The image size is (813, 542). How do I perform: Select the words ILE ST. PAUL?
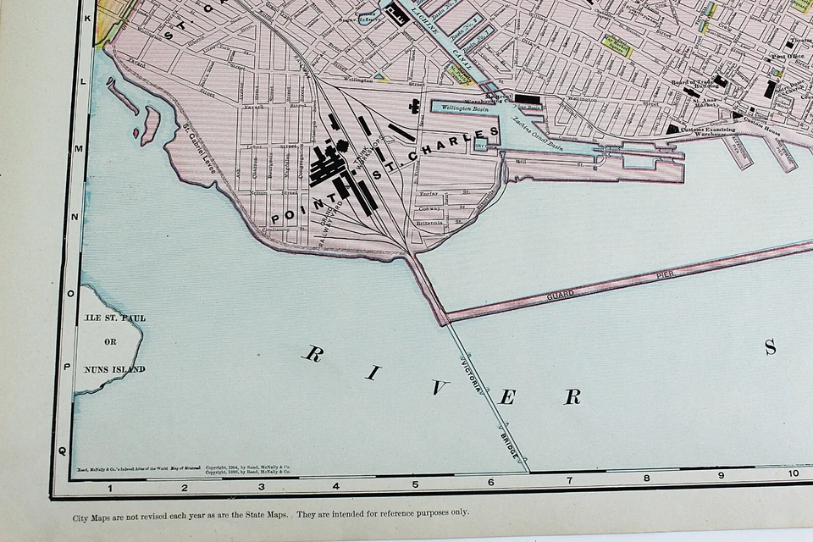tap(114, 318)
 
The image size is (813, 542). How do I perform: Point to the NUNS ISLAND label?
tap(114, 368)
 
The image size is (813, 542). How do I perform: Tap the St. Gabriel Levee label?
tap(201, 148)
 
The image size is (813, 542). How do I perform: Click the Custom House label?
tap(760, 122)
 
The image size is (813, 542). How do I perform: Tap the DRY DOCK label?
tap(483, 146)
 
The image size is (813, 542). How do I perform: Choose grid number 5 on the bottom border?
tap(415, 485)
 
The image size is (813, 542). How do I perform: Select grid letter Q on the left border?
tap(61, 451)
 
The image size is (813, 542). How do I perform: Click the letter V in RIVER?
tap(437, 389)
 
